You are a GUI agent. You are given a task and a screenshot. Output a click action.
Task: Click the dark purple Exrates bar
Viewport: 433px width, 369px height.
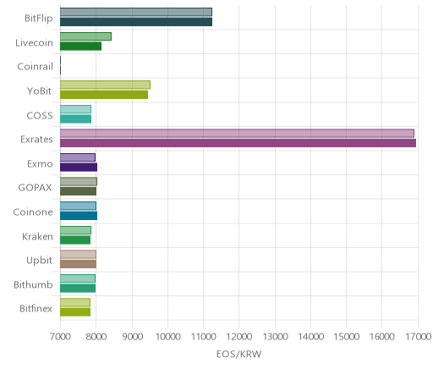238,143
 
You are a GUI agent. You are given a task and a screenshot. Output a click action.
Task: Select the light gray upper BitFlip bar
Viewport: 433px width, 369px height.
136,12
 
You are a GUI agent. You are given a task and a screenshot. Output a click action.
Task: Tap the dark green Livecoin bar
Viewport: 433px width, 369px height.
80,47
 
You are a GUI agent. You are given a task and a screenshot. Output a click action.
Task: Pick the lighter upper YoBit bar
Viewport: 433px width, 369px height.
105,85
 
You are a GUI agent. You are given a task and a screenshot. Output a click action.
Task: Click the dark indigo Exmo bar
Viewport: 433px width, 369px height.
79,168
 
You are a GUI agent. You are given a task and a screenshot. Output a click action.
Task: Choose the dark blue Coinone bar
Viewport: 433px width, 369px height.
79,216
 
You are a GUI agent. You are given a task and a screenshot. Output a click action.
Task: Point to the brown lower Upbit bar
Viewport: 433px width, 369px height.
78,264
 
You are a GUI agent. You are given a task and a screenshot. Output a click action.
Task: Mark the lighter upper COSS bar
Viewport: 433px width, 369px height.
75,109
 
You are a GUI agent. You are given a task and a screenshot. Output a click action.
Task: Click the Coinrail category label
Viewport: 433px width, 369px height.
35,67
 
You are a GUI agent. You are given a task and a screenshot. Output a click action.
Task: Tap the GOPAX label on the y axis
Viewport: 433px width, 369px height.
35,188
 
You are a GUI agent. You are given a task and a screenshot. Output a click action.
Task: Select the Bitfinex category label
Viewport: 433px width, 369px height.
36,309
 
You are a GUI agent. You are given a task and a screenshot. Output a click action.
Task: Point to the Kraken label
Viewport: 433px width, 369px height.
37,236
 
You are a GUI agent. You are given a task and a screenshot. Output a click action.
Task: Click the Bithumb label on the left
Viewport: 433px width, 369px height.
33,284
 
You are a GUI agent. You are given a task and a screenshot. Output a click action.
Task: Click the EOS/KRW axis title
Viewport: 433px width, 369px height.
238,354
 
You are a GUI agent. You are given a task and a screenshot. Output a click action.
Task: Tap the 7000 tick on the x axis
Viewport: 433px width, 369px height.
60,337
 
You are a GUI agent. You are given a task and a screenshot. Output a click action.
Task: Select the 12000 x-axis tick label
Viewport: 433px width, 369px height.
239,337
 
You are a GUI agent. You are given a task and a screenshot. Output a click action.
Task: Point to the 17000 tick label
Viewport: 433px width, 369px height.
418,337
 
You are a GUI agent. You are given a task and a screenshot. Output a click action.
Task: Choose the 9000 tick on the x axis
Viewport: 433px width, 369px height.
132,337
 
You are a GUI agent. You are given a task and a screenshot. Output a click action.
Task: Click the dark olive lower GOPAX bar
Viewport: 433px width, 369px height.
78,191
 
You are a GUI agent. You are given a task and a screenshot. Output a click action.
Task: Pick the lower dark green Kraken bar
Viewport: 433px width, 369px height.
75,240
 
